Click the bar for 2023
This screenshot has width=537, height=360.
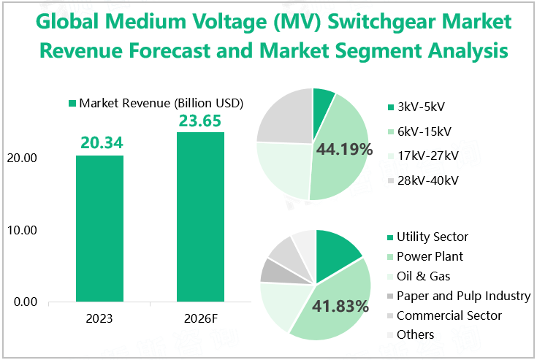(100, 228)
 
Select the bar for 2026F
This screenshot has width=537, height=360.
(200, 216)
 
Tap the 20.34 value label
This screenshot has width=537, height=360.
(100, 143)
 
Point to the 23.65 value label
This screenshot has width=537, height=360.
(200, 120)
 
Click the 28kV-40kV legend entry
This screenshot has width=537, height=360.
(427, 180)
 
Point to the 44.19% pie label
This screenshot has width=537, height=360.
(344, 150)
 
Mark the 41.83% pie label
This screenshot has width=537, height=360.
(340, 307)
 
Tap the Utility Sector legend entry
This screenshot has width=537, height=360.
(431, 237)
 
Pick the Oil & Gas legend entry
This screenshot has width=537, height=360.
(423, 276)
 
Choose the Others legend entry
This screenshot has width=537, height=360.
(414, 334)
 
